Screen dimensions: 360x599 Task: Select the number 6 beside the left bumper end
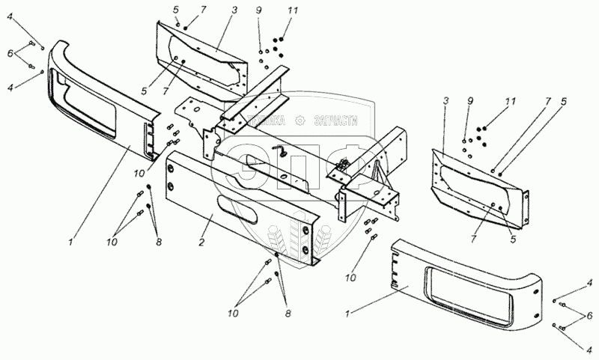click(10, 54)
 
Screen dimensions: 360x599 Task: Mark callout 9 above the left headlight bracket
click(258, 11)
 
